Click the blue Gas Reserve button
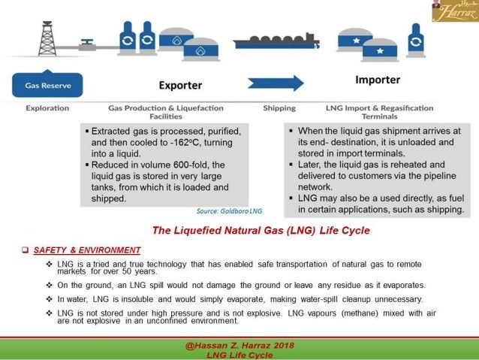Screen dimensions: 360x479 coord(48,85)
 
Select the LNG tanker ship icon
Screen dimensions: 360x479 coord(276,41)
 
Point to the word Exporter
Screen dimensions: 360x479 coord(180,85)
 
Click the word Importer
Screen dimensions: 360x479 coord(377,80)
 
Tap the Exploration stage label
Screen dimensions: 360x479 coord(47,108)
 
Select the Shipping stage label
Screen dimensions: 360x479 coord(279,108)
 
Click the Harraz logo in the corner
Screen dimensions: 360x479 coord(454,11)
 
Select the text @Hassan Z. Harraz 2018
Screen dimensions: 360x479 coord(239,345)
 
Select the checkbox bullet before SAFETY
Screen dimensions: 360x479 coord(26,250)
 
